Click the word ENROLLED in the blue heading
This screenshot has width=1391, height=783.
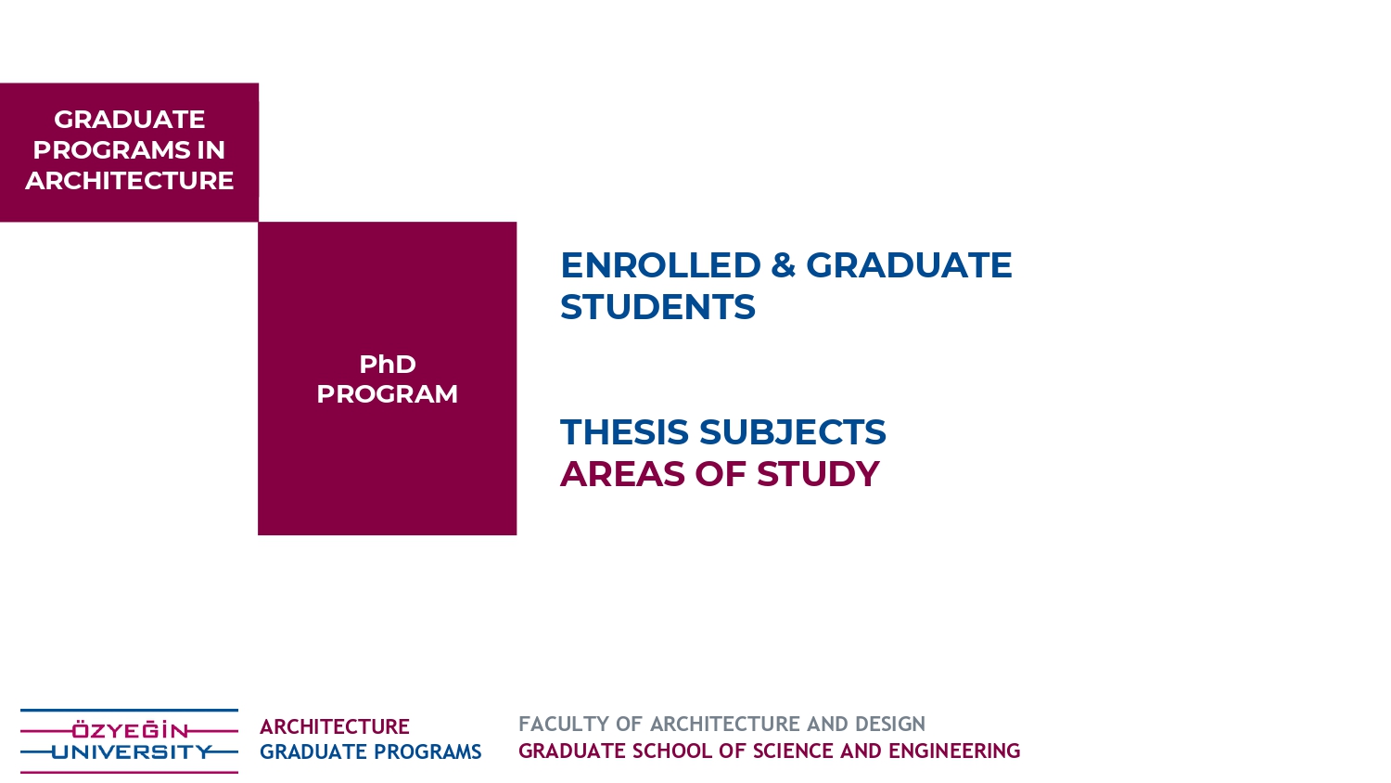click(x=660, y=265)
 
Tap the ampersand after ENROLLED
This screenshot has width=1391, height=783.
click(x=783, y=265)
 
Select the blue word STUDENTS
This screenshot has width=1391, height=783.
click(x=657, y=307)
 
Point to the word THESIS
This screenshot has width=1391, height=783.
click(x=624, y=432)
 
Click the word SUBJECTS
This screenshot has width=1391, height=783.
click(x=792, y=432)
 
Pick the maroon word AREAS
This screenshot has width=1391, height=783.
click(x=622, y=474)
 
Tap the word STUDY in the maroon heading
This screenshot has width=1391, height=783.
click(x=818, y=474)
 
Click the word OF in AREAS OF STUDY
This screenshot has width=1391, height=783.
click(x=721, y=474)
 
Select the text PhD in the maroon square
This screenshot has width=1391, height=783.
click(x=388, y=365)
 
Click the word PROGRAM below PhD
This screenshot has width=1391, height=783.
click(x=388, y=394)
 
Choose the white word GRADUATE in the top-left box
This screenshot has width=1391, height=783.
click(x=129, y=120)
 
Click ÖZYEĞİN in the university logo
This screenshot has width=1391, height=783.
click(x=129, y=730)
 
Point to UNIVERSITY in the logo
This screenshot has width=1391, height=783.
click(x=132, y=752)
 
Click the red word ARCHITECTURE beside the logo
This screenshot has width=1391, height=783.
click(x=334, y=726)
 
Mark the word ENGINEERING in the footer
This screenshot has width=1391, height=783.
click(x=954, y=751)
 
